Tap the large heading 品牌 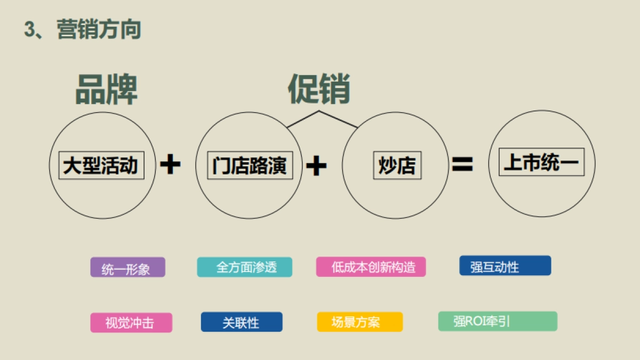(107, 89)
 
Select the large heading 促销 (319, 89)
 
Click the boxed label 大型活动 (101, 165)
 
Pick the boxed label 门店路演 (249, 165)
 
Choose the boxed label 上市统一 (541, 162)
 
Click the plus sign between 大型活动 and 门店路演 (170, 165)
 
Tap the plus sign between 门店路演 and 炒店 (316, 165)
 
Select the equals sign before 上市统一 (462, 165)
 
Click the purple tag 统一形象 (127, 268)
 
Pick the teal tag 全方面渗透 (245, 267)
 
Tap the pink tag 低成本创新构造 (371, 267)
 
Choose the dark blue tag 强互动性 (505, 266)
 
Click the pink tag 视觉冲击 (131, 323)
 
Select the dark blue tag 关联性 (242, 322)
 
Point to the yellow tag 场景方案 (360, 322)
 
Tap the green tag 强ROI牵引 (498, 321)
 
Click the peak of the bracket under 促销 (319, 111)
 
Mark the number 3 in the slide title (30, 29)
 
